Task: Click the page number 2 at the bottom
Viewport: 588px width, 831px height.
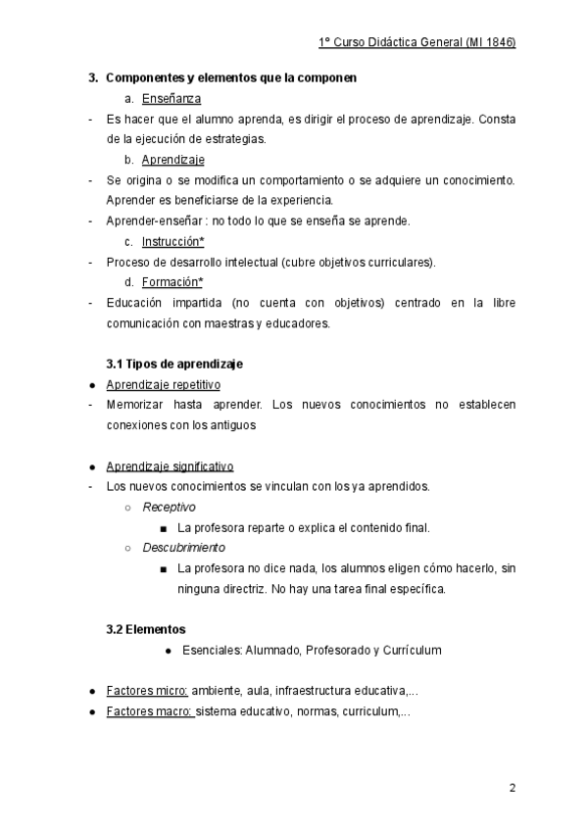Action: coord(512,787)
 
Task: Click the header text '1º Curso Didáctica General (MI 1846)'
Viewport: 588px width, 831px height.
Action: coord(417,43)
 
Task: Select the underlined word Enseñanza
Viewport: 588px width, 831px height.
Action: coord(172,98)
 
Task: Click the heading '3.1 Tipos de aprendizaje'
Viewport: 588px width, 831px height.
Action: coord(168,364)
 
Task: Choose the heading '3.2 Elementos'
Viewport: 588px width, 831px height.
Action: coord(145,628)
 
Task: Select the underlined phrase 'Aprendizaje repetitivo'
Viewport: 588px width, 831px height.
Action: coord(163,384)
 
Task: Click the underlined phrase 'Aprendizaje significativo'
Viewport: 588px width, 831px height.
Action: coord(170,465)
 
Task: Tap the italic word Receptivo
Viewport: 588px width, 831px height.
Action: coord(169,507)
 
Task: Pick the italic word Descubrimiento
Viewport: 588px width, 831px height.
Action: coord(183,547)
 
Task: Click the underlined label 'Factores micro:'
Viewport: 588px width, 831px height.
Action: coord(147,690)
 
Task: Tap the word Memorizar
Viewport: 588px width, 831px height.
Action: coord(137,404)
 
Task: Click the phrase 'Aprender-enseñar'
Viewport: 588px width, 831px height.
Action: coord(147,220)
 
